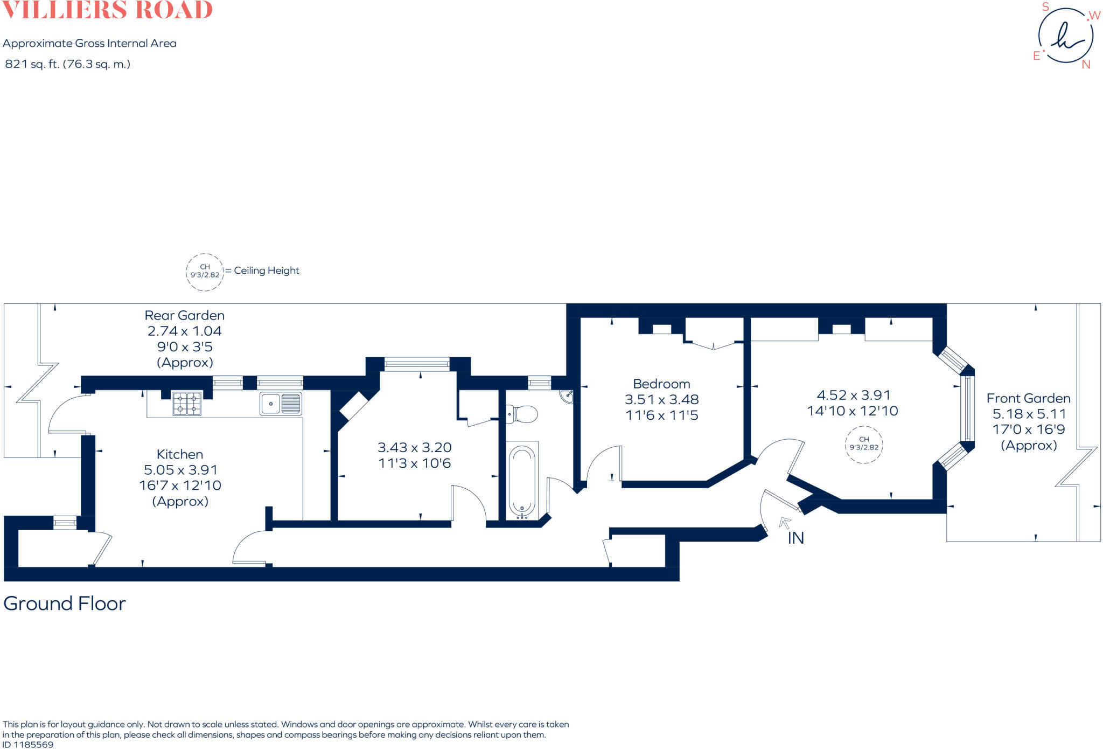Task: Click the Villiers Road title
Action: (107, 10)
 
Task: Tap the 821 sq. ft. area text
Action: (67, 64)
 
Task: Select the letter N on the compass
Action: (1086, 65)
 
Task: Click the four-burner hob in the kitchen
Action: (187, 404)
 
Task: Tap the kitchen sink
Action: (281, 404)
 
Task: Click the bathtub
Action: (522, 480)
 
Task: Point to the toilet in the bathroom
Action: (522, 414)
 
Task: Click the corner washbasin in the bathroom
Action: (567, 397)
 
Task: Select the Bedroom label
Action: (661, 384)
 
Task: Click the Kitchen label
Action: (180, 454)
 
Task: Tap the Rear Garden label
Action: (184, 315)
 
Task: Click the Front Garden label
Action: (1028, 398)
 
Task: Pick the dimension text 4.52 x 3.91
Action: (854, 395)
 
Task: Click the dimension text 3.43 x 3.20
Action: (414, 447)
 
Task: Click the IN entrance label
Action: (795, 538)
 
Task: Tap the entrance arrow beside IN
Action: (785, 522)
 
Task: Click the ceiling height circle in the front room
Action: (864, 444)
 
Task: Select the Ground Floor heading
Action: (65, 604)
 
